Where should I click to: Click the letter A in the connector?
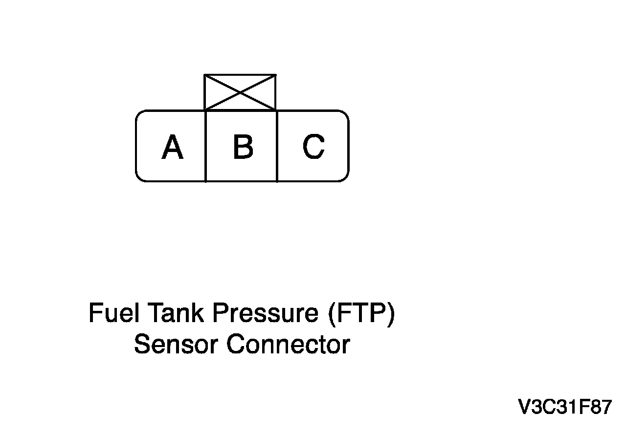[172, 147]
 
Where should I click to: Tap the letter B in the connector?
[243, 147]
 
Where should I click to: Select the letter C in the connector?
[313, 147]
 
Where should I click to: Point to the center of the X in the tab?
[240, 92]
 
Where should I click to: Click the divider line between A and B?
[205, 147]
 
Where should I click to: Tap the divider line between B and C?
[277, 147]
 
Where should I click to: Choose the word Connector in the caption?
[288, 345]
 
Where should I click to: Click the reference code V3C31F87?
[565, 407]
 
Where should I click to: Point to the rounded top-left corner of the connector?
[139, 114]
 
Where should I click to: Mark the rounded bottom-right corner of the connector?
[345, 178]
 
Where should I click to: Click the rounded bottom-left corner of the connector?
[139, 178]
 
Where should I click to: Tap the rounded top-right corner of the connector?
[345, 114]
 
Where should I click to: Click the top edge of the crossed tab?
[240, 75]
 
